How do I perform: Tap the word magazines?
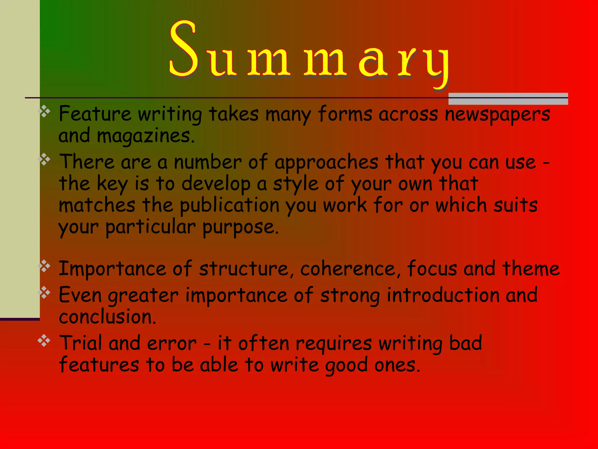pyautogui.click(x=145, y=136)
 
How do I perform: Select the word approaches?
pyautogui.click(x=326, y=163)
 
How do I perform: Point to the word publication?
pyautogui.click(x=230, y=205)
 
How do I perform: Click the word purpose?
pyautogui.click(x=240, y=227)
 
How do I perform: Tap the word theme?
pyautogui.click(x=531, y=269)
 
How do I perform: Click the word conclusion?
pyautogui.click(x=107, y=317)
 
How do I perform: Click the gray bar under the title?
pyautogui.click(x=508, y=99)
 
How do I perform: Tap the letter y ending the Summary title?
pyautogui.click(x=436, y=66)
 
